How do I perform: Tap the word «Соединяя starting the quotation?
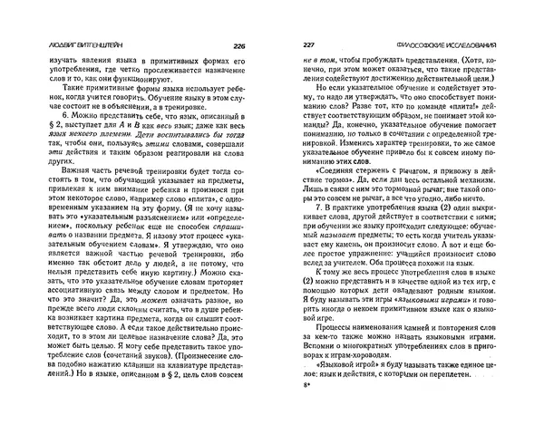tap(341, 204)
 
